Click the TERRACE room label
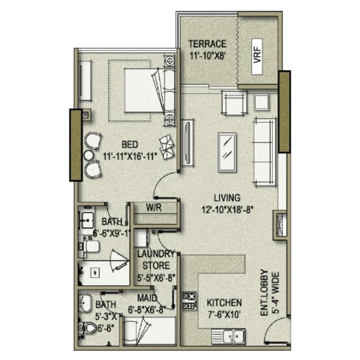tap(207, 44)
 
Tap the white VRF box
tap(257, 57)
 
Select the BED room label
tap(130, 145)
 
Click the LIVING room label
tap(227, 198)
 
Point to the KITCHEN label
tap(224, 303)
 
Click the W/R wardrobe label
tap(154, 208)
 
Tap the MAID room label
tap(147, 298)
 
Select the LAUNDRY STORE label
tap(156, 260)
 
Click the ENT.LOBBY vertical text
tap(265, 293)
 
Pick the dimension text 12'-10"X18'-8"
tap(227, 209)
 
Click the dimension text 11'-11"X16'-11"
tap(130, 157)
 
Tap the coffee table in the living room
tap(227, 152)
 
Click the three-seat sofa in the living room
tap(264, 152)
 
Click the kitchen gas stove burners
tap(189, 301)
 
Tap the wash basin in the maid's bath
tap(85, 303)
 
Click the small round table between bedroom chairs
tap(89, 155)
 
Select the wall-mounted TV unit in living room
tap(187, 143)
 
